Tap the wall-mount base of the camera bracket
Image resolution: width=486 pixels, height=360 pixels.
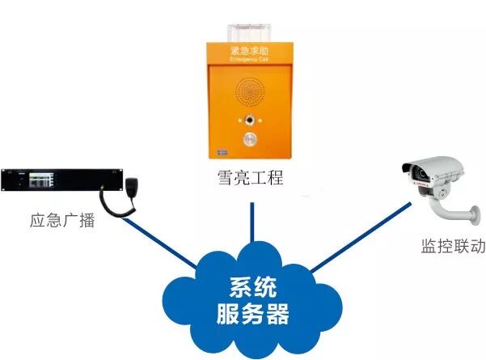pyautogui.click(x=473, y=214)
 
